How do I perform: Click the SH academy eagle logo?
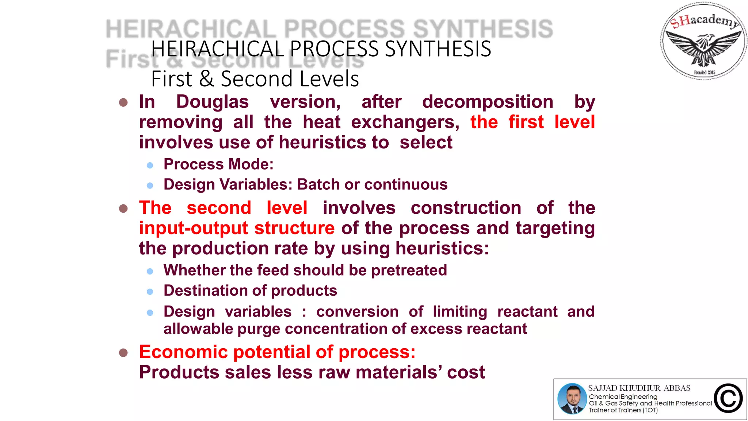coord(703,41)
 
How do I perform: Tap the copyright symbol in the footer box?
coord(728,399)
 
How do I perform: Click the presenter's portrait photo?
coord(572,399)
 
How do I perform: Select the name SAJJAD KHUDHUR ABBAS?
coord(639,388)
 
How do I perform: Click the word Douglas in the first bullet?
coord(212,102)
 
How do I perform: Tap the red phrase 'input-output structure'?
coord(237,228)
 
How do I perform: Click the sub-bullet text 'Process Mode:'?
coord(218,164)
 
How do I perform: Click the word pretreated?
coord(409,270)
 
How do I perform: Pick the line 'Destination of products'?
coord(250,291)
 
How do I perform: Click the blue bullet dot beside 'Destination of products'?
coord(150,292)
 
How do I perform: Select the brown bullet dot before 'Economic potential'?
coord(123,353)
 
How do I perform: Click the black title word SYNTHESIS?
coord(438,49)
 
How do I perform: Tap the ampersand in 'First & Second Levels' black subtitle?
coord(206,79)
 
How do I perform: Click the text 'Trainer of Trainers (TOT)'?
coord(623,410)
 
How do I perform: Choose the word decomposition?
coord(488,102)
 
